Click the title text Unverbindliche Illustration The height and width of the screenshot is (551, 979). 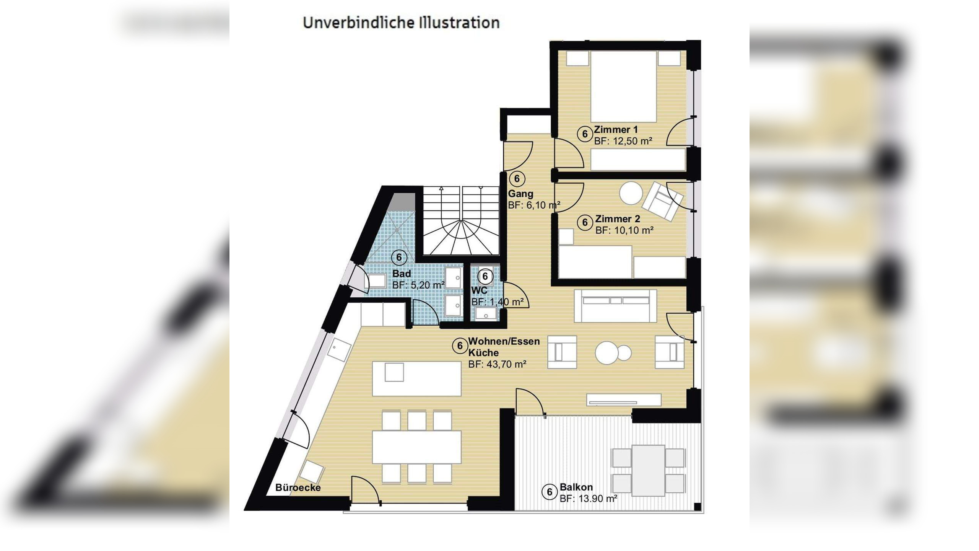click(x=401, y=23)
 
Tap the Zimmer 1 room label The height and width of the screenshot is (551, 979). click(x=616, y=130)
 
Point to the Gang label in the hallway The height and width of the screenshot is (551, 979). click(x=520, y=194)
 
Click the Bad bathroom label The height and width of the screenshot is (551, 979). click(x=402, y=274)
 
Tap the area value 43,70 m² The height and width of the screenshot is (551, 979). click(x=497, y=364)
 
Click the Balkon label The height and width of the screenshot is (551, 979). click(x=576, y=487)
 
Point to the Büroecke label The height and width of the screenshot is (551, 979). click(x=298, y=488)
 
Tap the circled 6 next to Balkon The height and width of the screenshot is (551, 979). click(x=550, y=492)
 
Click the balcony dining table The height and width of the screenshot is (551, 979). click(x=648, y=470)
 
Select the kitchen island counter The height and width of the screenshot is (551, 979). click(x=416, y=378)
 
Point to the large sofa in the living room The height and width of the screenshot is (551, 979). click(x=615, y=305)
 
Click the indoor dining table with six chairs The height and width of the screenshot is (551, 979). click(x=416, y=447)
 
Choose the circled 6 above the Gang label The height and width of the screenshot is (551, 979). click(x=517, y=179)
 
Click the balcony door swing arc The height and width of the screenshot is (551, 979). click(x=529, y=402)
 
